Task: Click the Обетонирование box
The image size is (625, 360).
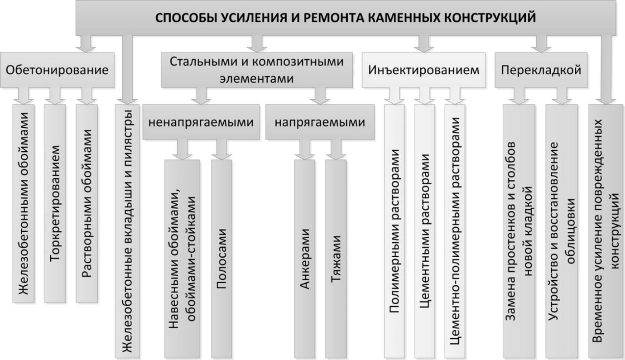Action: tap(57, 70)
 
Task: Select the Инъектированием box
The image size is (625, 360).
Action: tap(423, 70)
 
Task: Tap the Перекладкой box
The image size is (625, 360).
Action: tap(541, 70)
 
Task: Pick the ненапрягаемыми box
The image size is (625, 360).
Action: tap(201, 122)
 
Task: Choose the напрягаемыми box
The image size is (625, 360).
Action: tap(320, 122)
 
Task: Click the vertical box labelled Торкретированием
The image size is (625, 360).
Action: tap(55, 203)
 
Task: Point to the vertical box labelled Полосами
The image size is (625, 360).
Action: tap(221, 259)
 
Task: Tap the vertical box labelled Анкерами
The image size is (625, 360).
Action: tap(305, 259)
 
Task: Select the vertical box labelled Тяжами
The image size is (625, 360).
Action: tap(336, 259)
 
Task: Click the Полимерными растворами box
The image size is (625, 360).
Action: tap(394, 231)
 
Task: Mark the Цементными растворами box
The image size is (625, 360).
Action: tap(424, 231)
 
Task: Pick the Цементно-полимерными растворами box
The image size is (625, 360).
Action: tap(455, 231)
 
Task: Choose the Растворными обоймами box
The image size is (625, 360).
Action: tap(87, 203)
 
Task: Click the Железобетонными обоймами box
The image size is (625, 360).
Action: tap(24, 203)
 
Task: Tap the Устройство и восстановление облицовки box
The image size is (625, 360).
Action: tap(562, 231)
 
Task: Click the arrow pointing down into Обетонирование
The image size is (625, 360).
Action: tap(86, 44)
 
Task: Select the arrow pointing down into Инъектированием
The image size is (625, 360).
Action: tap(423, 44)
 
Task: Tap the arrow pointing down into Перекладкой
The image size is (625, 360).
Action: tap(541, 44)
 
